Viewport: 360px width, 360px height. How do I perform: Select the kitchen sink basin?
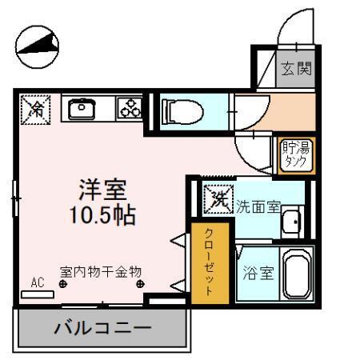tap(82, 108)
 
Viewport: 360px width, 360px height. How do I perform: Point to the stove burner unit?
tap(128, 109)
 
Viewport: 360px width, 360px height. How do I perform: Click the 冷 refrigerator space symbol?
tap(35, 108)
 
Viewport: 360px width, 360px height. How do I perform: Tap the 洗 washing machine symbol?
tap(215, 197)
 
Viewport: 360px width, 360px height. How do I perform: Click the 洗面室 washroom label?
tap(258, 206)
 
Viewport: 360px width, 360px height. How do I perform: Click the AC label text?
tap(37, 282)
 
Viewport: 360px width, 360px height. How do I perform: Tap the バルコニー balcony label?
tap(102, 328)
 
